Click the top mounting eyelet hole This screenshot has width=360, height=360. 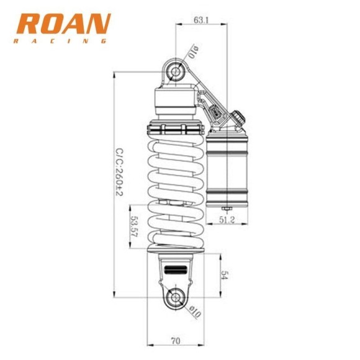pos(176,71)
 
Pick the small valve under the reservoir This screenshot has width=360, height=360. pos(227,209)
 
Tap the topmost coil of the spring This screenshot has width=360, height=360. pos(176,146)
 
